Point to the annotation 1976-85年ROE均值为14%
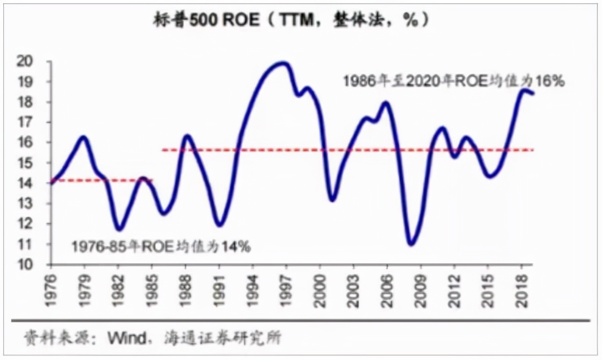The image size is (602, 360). coord(161,246)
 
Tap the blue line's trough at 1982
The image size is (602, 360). coord(119,229)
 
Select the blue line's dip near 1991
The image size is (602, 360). coord(219,225)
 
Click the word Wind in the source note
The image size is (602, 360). coord(127,338)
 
